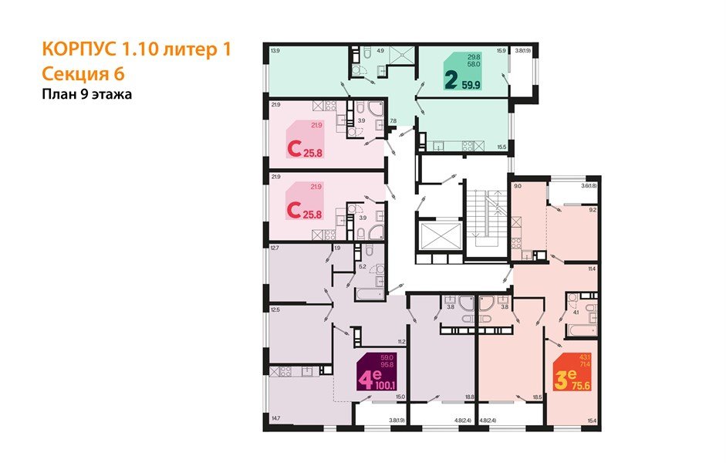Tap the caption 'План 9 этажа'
(x=87, y=95)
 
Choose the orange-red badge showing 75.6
(x=572, y=374)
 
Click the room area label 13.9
(x=275, y=51)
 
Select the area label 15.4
(x=592, y=419)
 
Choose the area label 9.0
(x=518, y=186)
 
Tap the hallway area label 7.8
(x=393, y=121)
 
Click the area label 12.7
(x=275, y=248)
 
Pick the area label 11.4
(x=592, y=269)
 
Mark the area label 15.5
(x=501, y=147)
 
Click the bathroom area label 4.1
(x=575, y=313)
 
